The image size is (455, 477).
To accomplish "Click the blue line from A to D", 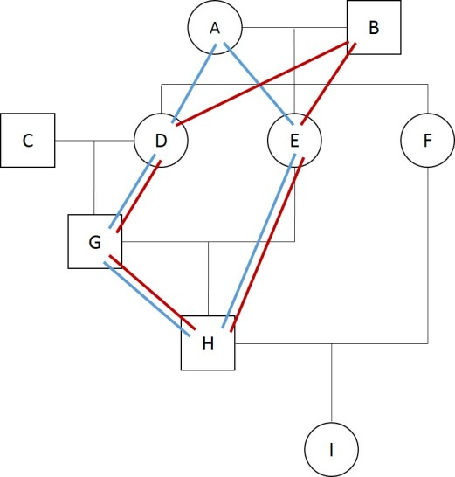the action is pyautogui.click(x=195, y=84).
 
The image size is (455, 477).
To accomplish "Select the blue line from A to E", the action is pyautogui.click(x=259, y=84).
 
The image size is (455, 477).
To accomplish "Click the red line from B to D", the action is pyautogui.click(x=262, y=84).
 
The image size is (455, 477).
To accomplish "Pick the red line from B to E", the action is pyautogui.click(x=327, y=84).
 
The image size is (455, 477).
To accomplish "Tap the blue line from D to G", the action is pyautogui.click(x=132, y=191).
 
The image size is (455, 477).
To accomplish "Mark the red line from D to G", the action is pyautogui.click(x=139, y=197).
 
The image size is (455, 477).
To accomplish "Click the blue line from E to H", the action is pyautogui.click(x=259, y=241).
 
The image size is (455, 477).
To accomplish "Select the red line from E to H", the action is pyautogui.click(x=267, y=245).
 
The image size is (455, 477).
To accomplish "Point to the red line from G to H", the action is pyautogui.click(x=152, y=293).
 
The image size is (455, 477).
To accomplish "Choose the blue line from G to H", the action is pyautogui.click(x=148, y=299).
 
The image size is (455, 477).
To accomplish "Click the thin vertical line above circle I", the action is pyautogui.click(x=332, y=383).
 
